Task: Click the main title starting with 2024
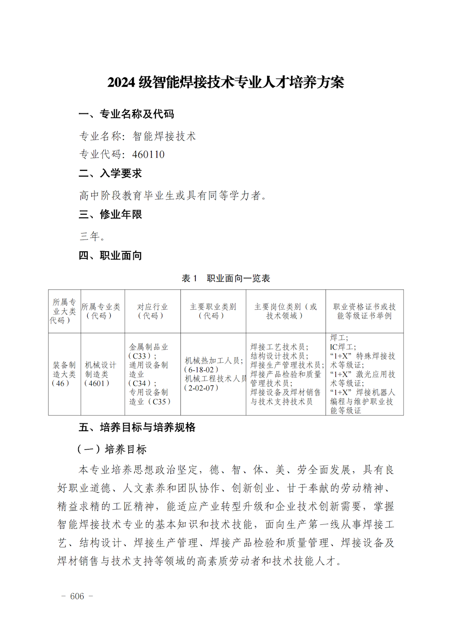(x=226, y=82)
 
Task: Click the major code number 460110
(x=148, y=155)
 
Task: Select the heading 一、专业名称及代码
(x=126, y=114)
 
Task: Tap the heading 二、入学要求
(x=110, y=174)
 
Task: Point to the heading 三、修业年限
(x=110, y=215)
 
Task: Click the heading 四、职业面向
(x=110, y=256)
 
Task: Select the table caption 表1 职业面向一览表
(x=226, y=278)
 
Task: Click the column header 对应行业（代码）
(x=152, y=311)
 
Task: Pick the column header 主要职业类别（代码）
(x=213, y=311)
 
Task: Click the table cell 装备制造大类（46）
(x=64, y=374)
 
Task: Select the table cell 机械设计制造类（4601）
(x=100, y=374)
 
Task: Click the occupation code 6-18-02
(x=202, y=370)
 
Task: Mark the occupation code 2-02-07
(x=202, y=388)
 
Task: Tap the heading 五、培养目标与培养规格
(x=137, y=428)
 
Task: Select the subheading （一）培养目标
(x=113, y=449)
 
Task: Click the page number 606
(x=77, y=597)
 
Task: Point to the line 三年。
(x=93, y=236)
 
